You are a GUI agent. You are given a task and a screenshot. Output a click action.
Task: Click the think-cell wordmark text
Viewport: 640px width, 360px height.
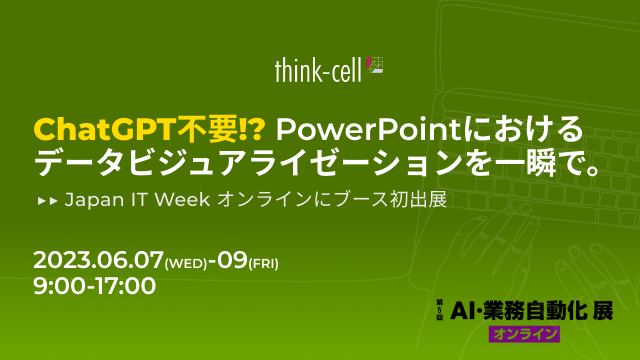point(318,70)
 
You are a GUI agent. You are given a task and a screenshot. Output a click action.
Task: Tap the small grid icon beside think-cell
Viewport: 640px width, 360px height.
point(375,65)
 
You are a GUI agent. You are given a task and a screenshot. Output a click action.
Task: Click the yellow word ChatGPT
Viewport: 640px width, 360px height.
point(105,129)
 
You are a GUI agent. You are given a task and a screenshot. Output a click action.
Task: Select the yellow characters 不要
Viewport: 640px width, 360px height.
point(207,129)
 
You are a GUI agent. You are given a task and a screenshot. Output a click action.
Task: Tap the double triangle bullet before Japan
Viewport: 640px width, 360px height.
point(47,201)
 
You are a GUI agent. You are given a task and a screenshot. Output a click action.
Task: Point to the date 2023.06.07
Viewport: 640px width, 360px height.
point(98,260)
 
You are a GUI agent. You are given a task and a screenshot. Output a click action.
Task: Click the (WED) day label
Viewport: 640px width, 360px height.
point(186,264)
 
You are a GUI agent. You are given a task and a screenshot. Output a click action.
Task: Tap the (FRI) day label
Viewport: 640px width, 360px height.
point(264,264)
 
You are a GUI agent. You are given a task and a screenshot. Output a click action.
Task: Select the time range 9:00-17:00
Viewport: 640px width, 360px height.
point(94,285)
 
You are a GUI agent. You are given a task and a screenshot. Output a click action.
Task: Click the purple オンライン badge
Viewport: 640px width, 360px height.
point(524,334)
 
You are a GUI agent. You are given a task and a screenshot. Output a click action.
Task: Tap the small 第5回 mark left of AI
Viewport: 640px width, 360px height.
point(440,310)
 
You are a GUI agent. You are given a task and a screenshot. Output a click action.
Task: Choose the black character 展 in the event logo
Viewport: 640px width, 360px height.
point(603,311)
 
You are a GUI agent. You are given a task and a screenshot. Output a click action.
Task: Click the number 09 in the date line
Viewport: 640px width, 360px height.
point(232,260)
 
